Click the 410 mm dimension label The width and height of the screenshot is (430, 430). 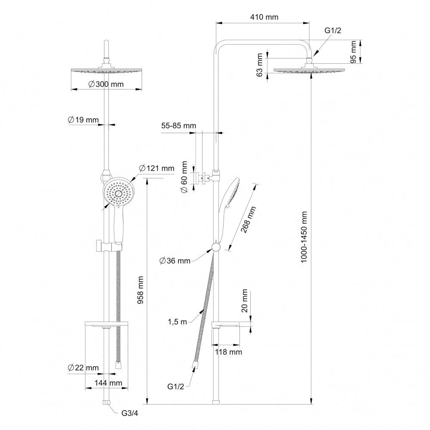pos(264,17)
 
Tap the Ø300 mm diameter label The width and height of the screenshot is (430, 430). pos(106,84)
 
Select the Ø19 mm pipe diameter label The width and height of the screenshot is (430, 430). pos(83,120)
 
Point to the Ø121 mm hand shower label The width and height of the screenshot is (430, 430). pos(157,168)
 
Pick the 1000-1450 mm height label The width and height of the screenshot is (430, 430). pos(304,237)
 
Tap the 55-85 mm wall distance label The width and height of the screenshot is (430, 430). pos(178,126)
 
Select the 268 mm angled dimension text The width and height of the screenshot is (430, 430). pos(248,219)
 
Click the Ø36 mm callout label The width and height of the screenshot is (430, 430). pos(175,261)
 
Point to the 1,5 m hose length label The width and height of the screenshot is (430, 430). pos(177,322)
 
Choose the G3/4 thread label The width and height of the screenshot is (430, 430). pos(130,413)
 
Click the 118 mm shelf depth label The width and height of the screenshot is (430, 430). pos(228,352)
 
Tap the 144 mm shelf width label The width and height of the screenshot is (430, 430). pos(108,383)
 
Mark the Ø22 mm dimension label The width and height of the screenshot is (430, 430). pos(83,368)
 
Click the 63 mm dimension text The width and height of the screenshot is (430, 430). pos(259,65)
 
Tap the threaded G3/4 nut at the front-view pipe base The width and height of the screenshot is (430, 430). pos(106,402)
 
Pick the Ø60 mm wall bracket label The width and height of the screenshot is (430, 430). pos(184,177)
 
